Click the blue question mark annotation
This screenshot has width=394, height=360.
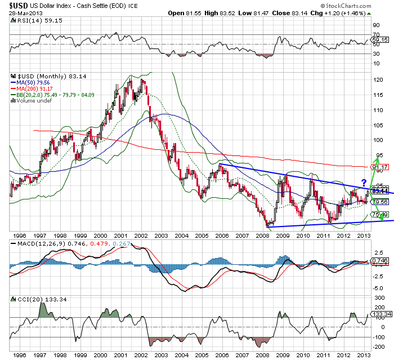(364, 182)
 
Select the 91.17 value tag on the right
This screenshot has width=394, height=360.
(380, 167)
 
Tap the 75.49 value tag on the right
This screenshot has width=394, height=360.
(380, 214)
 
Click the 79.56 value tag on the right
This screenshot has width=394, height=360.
(380, 202)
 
